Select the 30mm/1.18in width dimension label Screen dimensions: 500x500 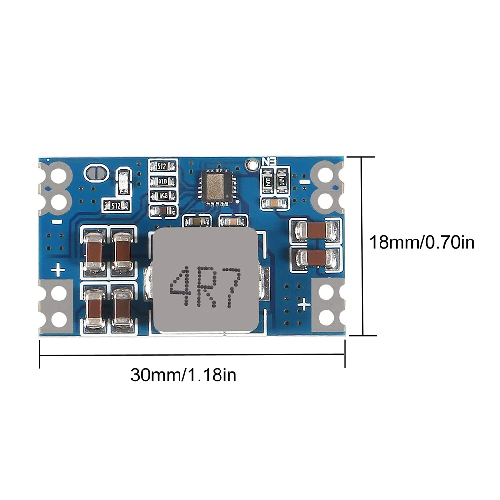[x=183, y=375]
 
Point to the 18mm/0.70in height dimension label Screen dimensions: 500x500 [x=422, y=242]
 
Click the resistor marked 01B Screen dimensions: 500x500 [x=162, y=181]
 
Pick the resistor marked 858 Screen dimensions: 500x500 [x=162, y=196]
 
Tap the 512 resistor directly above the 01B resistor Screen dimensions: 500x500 [x=162, y=167]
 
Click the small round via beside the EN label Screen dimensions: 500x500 [x=250, y=164]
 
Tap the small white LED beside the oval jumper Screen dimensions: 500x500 [x=123, y=182]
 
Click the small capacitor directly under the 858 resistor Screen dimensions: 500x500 [x=162, y=211]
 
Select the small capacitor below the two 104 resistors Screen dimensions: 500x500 [x=274, y=203]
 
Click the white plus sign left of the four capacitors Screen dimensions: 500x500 [x=59, y=270]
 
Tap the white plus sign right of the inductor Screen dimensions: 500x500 [x=304, y=304]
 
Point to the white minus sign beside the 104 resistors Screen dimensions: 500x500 [x=304, y=181]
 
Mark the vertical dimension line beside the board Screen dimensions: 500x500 [x=363, y=245]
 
